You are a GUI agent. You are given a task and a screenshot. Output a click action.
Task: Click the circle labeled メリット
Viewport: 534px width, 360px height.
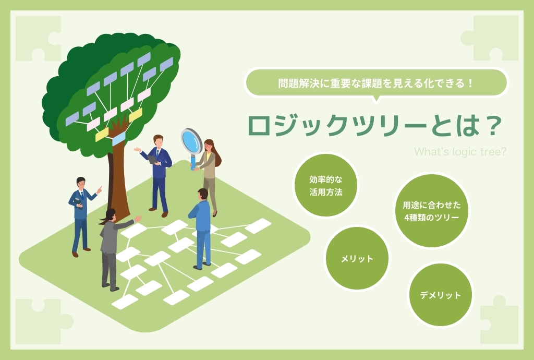tap(357, 258)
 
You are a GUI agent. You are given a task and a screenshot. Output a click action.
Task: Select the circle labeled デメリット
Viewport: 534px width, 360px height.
tap(440, 295)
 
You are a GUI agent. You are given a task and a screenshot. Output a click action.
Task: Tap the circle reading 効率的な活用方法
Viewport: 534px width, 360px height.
tap(325, 185)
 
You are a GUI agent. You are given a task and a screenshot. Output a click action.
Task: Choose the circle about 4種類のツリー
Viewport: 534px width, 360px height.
tap(431, 211)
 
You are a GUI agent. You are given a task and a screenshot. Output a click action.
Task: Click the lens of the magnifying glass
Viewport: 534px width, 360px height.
tap(191, 141)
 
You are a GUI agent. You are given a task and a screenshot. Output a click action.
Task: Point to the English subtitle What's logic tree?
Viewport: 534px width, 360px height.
tap(460, 151)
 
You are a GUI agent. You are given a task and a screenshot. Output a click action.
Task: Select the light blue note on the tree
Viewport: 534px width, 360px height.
tap(118, 139)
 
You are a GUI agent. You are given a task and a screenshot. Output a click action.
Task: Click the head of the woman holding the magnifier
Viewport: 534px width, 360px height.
tap(209, 145)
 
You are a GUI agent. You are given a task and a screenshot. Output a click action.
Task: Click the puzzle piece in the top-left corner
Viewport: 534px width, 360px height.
tap(39, 39)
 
